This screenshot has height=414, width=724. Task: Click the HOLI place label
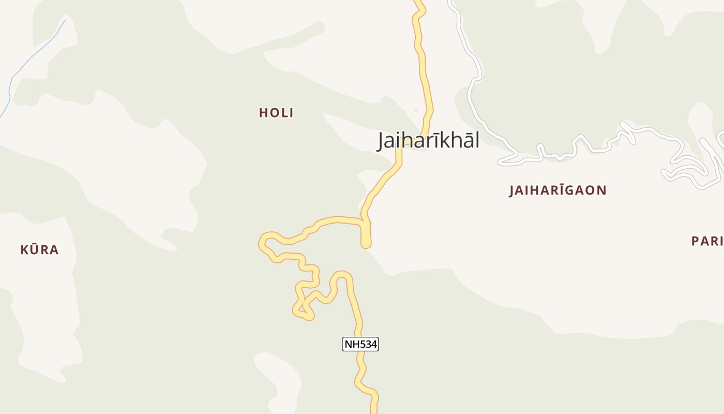coord(276,113)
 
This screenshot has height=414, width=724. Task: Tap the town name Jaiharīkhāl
coord(428,140)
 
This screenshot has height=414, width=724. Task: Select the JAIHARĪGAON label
coord(557,190)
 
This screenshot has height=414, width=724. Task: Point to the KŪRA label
coord(39,250)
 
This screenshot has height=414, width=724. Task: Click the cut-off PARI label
coord(707,241)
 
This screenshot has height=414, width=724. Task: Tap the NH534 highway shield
coord(360,344)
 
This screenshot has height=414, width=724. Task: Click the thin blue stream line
coord(31,57)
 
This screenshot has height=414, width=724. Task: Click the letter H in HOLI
coord(263,113)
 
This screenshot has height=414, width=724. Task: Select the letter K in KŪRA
coord(24,250)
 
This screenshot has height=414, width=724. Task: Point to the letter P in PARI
coord(696,241)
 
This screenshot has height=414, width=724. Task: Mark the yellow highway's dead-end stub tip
coord(366,244)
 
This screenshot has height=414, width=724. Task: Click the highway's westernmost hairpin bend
coord(263,243)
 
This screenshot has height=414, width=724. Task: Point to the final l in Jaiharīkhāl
coord(477,140)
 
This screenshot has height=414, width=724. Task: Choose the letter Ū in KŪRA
coord(34,250)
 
